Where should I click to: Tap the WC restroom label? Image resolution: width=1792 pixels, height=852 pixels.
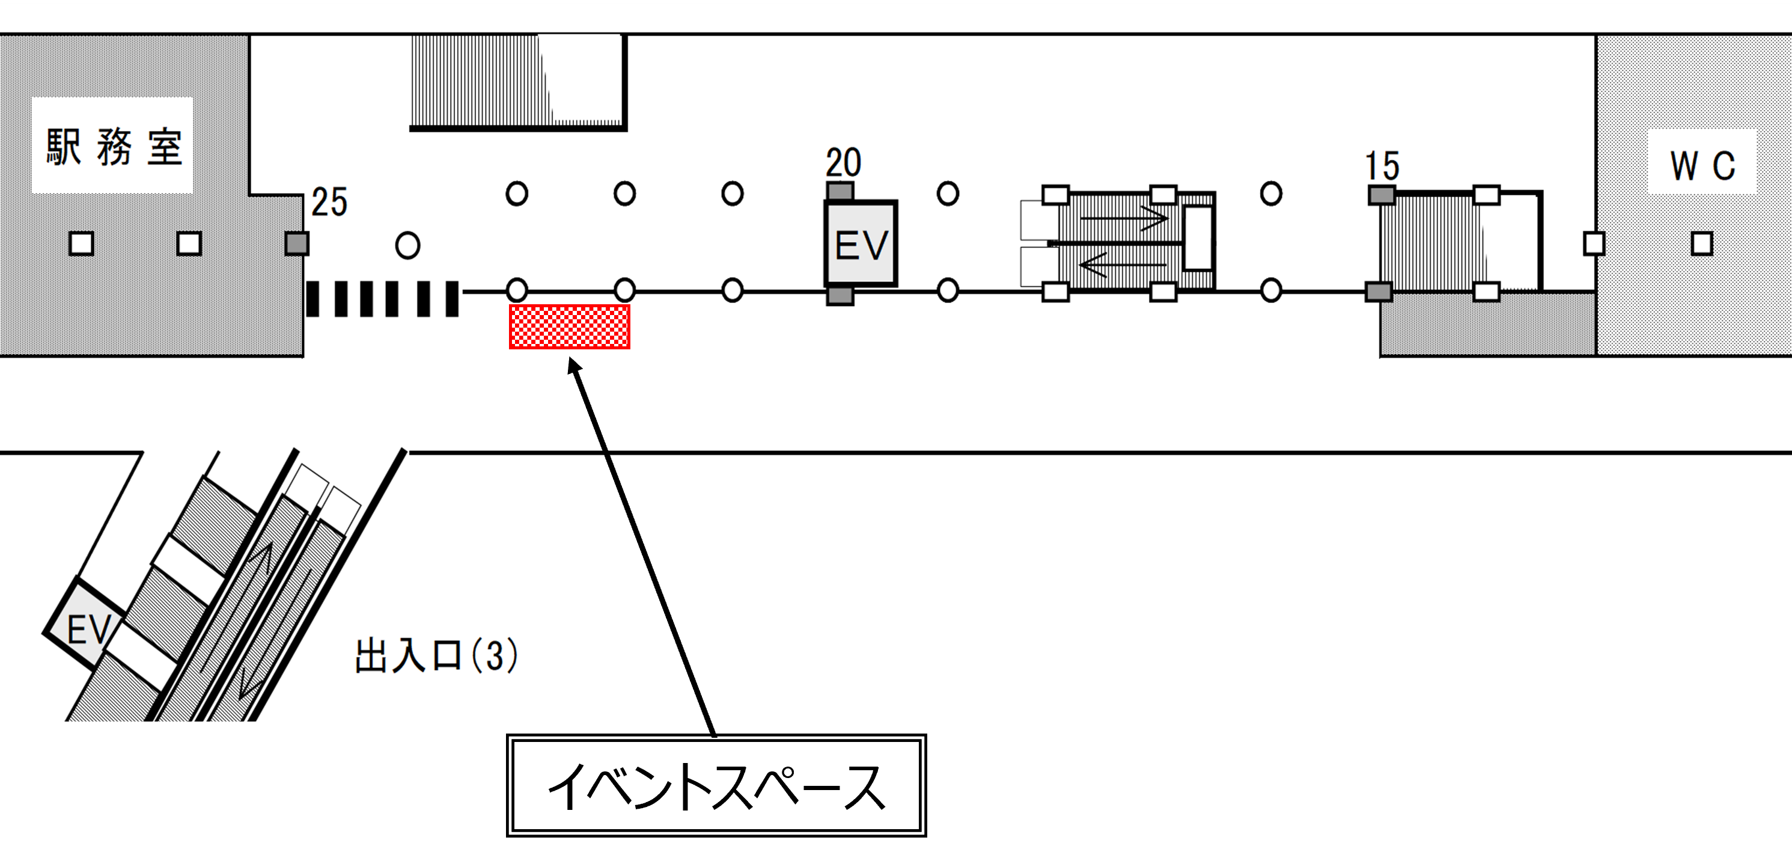tap(1702, 166)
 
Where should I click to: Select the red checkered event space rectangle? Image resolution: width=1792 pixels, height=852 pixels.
tap(570, 326)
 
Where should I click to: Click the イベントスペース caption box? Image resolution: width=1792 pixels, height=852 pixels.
tap(716, 785)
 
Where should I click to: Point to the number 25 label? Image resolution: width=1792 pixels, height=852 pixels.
tap(329, 203)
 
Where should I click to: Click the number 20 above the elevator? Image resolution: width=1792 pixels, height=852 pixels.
tap(843, 163)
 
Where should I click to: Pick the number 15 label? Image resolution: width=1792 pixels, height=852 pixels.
tap(1382, 167)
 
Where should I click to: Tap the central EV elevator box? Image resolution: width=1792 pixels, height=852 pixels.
tap(861, 244)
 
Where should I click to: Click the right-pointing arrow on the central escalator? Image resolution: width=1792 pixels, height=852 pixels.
tap(1124, 219)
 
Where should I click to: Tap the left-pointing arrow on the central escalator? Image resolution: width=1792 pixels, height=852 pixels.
tap(1121, 265)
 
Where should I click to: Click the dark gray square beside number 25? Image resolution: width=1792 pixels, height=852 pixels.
tap(297, 244)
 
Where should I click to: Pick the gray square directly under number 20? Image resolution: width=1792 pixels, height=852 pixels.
tap(840, 191)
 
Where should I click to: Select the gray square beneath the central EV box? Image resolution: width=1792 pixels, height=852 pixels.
tap(840, 295)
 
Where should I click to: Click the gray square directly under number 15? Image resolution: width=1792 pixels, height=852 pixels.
tap(1382, 195)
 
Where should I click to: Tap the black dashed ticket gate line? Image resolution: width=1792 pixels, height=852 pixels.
tap(383, 299)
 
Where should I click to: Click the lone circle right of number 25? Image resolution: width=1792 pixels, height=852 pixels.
tap(407, 245)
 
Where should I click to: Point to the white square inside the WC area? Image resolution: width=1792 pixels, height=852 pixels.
tap(1702, 244)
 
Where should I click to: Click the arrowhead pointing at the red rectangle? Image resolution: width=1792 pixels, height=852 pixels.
tap(573, 365)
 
